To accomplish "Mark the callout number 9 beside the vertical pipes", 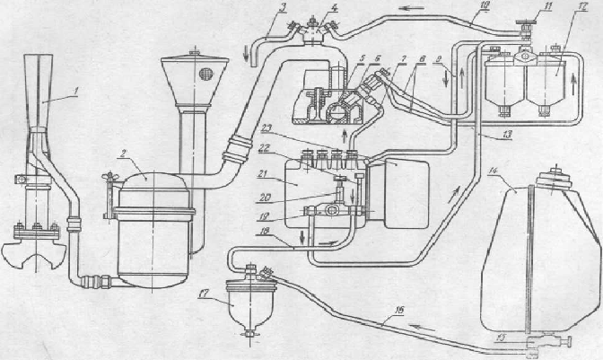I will [x=439, y=60].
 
